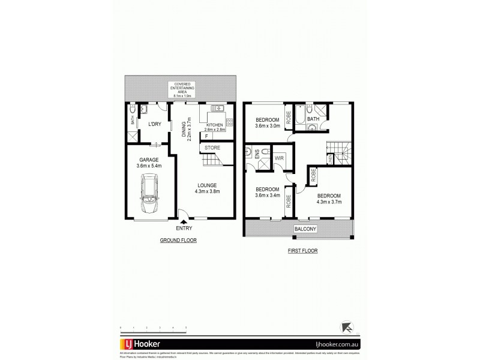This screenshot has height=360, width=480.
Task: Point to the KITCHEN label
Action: point(215,124)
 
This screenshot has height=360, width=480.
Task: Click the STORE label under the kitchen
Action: point(212,148)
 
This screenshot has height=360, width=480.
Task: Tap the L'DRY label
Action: point(155,124)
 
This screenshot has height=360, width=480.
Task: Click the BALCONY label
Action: point(305,229)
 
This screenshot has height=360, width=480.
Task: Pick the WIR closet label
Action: point(279,158)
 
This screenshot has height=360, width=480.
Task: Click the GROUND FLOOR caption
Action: point(178,240)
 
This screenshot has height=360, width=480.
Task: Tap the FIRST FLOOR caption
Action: point(302,251)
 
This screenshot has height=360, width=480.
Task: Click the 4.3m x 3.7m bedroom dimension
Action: point(328,203)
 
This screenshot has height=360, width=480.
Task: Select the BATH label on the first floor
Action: point(313,119)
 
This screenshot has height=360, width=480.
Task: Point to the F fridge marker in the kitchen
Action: point(207,136)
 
